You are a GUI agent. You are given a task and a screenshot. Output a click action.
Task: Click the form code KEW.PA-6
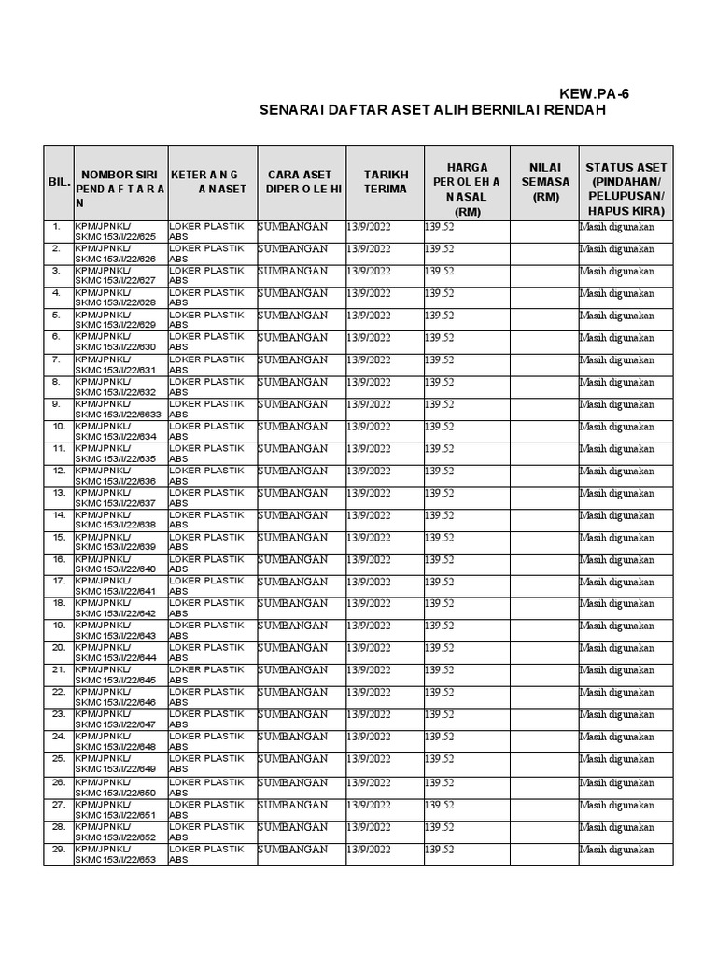tap(600, 94)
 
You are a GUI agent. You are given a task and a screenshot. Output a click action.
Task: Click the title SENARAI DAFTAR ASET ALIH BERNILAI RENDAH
tap(432, 111)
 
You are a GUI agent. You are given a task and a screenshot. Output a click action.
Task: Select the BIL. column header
tap(59, 182)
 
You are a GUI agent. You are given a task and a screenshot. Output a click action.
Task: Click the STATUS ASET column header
tap(626, 182)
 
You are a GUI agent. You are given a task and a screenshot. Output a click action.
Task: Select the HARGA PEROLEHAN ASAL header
tap(467, 182)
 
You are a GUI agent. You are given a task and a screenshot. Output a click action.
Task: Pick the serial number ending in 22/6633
tap(119, 415)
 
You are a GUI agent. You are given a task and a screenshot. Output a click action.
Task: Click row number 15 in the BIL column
tap(58, 538)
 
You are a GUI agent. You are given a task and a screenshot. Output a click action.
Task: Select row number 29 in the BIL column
tap(58, 850)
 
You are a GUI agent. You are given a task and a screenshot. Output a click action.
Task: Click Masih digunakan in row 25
tap(617, 760)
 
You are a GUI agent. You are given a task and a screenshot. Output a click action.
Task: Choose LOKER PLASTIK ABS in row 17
tap(205, 585)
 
